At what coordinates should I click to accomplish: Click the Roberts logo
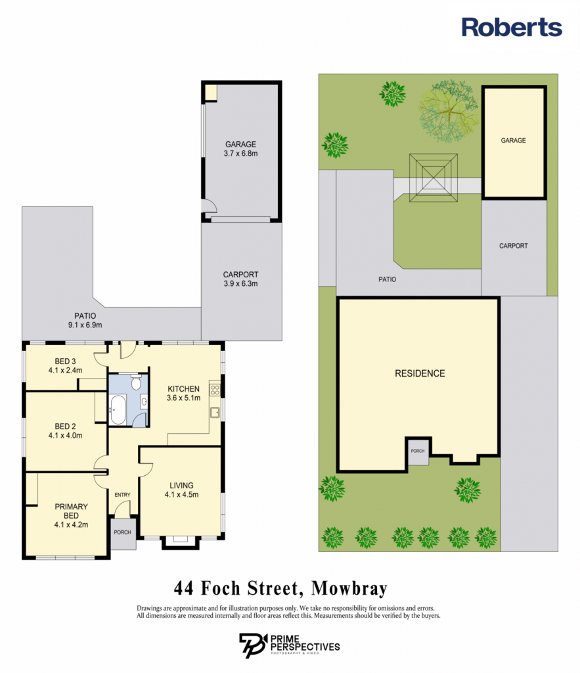(x=512, y=27)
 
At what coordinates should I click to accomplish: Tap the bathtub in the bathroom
(x=118, y=409)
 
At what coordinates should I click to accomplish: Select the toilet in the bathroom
(x=136, y=382)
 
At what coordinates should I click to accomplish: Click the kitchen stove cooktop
(x=215, y=390)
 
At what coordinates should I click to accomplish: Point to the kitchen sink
(x=215, y=413)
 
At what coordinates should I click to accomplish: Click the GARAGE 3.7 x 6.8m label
(x=240, y=149)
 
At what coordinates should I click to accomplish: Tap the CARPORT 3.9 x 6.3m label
(x=240, y=279)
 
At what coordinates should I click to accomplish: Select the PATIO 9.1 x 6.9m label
(x=85, y=321)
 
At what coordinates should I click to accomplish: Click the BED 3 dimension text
(x=65, y=371)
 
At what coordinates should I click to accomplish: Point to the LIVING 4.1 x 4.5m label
(x=181, y=490)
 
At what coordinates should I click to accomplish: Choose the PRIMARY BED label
(x=71, y=511)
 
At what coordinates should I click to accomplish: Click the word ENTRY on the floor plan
(x=122, y=495)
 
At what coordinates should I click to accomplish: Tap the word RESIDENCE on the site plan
(x=420, y=373)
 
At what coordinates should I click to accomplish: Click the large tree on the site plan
(x=449, y=111)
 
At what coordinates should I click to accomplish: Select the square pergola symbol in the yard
(x=434, y=177)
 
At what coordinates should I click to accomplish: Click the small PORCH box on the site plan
(x=418, y=452)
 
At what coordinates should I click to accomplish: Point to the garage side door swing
(x=210, y=206)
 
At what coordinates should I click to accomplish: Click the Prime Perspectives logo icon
(x=253, y=645)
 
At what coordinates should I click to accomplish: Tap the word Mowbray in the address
(x=349, y=588)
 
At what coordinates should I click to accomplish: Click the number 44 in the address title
(x=183, y=588)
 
